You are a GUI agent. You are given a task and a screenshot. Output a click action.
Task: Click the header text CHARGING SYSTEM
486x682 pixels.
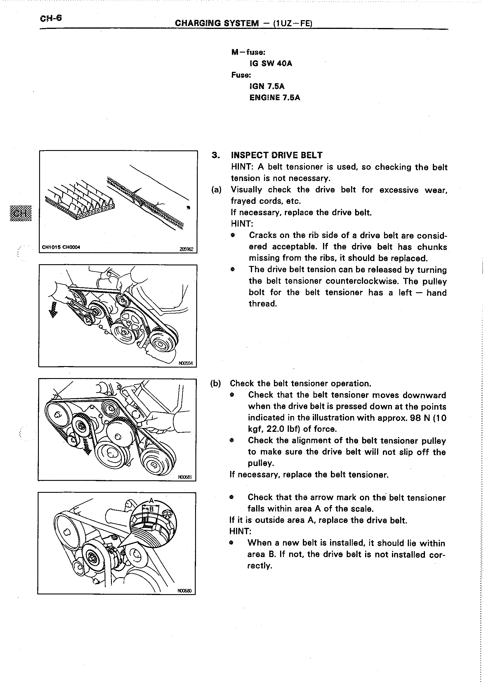[217, 23]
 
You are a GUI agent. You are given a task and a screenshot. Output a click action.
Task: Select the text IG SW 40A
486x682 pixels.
[271, 63]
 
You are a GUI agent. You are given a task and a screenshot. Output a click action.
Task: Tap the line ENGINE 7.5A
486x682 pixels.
[275, 98]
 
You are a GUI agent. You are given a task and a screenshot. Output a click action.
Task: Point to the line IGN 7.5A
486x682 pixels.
[267, 86]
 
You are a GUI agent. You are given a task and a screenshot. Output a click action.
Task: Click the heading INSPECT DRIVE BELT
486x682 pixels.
[277, 155]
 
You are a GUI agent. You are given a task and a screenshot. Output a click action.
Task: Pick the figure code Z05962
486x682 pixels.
[186, 249]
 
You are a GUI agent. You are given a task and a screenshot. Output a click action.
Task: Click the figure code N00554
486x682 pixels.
[186, 363]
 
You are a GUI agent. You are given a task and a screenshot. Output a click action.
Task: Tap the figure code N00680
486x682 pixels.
[184, 591]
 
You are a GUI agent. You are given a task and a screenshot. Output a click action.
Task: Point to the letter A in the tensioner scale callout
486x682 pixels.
[151, 500]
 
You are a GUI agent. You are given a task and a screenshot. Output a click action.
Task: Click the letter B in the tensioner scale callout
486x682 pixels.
[151, 509]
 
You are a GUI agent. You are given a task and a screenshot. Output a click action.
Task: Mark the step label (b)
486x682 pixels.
[216, 383]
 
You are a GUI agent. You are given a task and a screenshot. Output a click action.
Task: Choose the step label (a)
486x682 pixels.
[216, 190]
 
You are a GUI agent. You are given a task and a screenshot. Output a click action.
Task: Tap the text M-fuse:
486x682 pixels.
[248, 52]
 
